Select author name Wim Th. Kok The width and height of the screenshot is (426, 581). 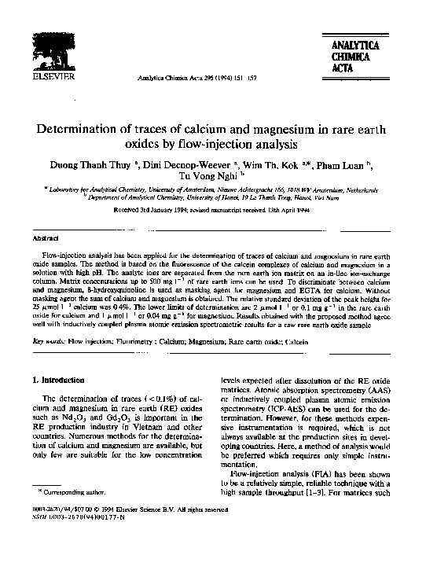(271, 167)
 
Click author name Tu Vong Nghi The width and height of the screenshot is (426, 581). (207, 178)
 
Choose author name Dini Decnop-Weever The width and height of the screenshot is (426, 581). (184, 167)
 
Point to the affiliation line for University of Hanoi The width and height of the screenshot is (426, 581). (212, 199)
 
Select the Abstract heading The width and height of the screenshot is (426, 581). (43, 237)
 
